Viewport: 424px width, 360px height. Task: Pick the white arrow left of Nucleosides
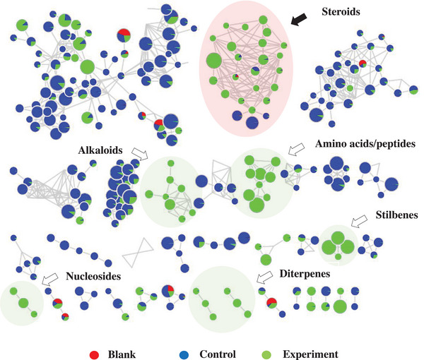pos(49,280)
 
